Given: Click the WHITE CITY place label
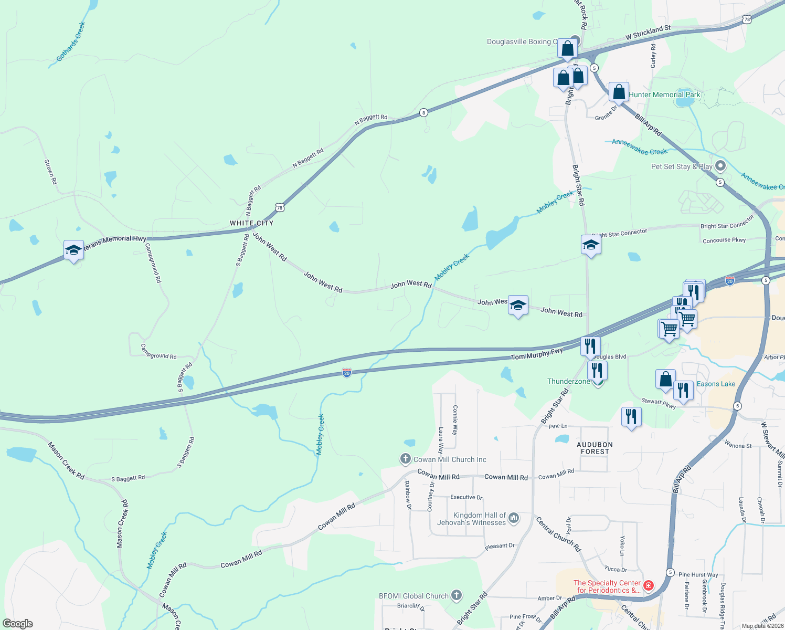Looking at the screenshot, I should tap(251, 223).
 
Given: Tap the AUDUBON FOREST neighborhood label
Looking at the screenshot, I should tap(595, 448).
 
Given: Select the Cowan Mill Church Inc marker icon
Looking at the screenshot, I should tap(405, 459).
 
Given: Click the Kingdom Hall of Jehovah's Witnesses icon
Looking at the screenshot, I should tap(514, 518).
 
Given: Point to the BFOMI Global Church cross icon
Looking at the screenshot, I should tap(457, 595).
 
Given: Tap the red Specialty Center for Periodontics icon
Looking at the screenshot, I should tap(649, 585).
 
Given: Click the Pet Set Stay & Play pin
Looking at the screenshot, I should tap(720, 166).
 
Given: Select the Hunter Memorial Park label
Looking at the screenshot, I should tap(664, 94).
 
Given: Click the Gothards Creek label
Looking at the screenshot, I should tap(70, 41).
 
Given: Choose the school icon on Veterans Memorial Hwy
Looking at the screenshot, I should tap(73, 250).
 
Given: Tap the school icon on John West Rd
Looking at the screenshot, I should tap(518, 306).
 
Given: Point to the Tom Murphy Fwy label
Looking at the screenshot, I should tap(536, 354).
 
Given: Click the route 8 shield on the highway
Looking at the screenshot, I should tap(423, 112).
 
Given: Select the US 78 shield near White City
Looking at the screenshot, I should tap(280, 208).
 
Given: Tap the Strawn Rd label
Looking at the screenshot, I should tap(50, 172).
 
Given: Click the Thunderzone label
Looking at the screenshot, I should tap(568, 382).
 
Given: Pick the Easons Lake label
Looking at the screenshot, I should tap(716, 384).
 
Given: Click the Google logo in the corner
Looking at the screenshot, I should tap(18, 624).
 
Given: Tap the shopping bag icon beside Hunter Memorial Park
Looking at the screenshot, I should tap(619, 92).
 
